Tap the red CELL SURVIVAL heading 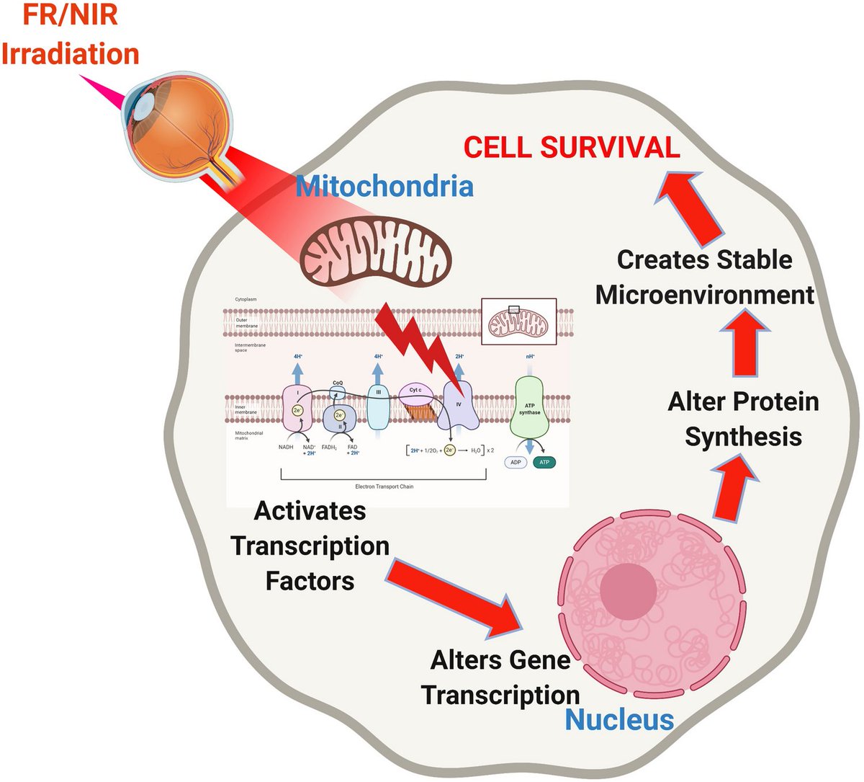coord(572,148)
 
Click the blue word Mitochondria coord(384,187)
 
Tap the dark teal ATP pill coord(544,462)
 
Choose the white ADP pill coord(515,462)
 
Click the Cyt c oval coord(415,391)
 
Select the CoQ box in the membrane coord(338,391)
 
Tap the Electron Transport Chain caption coord(384,486)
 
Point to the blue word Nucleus coord(619,719)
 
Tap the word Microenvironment coord(705,295)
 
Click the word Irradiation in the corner coord(70,54)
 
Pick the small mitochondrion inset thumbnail coord(518,319)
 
